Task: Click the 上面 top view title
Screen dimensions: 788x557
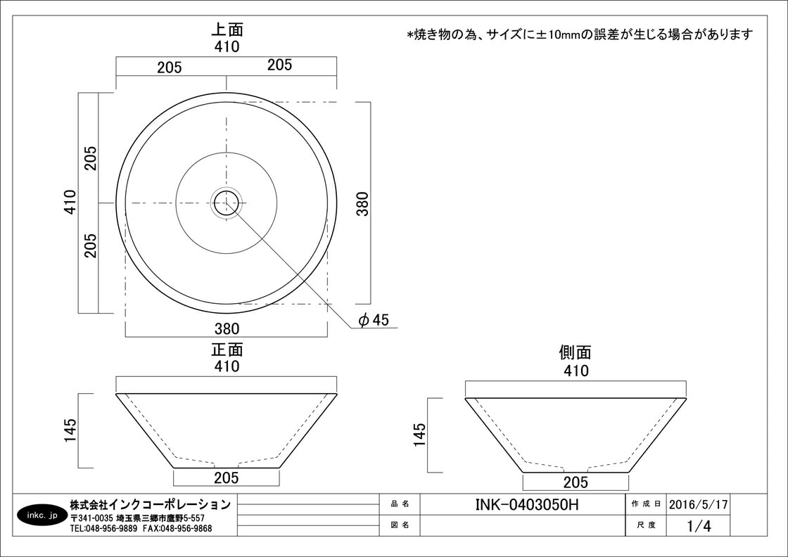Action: tap(227, 30)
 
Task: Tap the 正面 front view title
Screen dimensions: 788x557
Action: tap(227, 350)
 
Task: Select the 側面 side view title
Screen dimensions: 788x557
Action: tap(575, 352)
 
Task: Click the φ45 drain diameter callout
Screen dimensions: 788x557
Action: tap(374, 319)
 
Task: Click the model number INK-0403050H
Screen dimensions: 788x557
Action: tap(527, 504)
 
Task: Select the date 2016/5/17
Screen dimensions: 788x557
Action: tap(698, 504)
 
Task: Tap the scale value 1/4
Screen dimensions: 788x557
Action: tap(699, 526)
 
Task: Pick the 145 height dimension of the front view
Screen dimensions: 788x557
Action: tap(70, 430)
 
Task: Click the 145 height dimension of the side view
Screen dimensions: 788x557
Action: tap(419, 435)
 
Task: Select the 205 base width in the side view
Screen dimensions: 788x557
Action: tap(576, 482)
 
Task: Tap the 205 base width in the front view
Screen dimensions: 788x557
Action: tap(226, 478)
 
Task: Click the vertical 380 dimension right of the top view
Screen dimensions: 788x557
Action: tap(362, 203)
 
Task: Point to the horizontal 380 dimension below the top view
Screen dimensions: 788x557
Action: tap(227, 328)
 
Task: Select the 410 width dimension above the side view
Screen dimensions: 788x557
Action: tap(576, 371)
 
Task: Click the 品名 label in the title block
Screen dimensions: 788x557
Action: tap(400, 504)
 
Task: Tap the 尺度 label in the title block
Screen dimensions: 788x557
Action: tap(646, 525)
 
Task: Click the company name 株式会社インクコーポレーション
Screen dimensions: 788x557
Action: tap(151, 504)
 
